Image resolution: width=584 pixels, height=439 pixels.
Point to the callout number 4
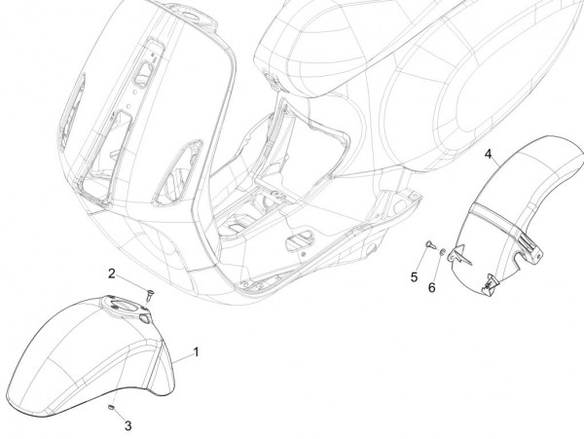point(489,154)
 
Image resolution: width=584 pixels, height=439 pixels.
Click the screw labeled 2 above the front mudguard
point(148,291)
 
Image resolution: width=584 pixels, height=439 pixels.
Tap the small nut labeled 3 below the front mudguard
point(114,406)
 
